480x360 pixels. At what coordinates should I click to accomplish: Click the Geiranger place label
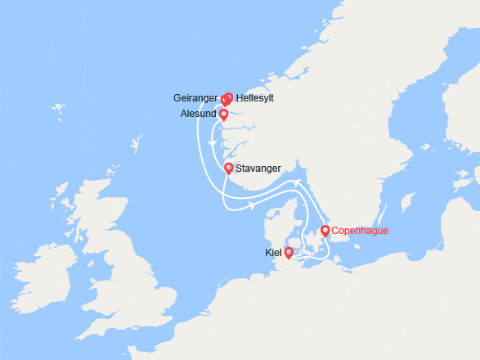[x=195, y=98]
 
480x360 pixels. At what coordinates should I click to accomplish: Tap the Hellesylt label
[x=254, y=98]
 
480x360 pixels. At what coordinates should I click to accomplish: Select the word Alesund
[x=198, y=115]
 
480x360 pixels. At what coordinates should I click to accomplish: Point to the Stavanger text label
[x=258, y=169]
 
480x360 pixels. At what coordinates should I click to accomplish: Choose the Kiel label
[x=273, y=254]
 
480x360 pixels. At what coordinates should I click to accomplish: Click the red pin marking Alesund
[x=223, y=115]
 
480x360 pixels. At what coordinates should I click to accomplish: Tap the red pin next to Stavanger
[x=229, y=169]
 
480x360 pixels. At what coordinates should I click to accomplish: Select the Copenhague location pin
[x=325, y=231]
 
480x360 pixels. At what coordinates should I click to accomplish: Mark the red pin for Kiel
[x=289, y=253]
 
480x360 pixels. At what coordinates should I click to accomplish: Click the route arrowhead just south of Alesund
[x=213, y=144]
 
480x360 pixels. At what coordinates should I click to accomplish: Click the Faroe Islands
[x=58, y=109]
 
